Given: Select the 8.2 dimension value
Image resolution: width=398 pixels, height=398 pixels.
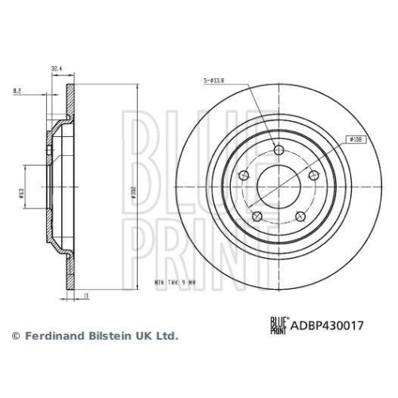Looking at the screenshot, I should click(x=17, y=92).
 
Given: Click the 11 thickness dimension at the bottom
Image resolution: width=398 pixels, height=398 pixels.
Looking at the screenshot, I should click(x=85, y=295).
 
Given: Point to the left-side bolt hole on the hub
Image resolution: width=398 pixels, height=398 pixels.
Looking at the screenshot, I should click(x=243, y=176).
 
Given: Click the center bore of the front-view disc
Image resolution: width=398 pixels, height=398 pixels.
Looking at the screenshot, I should click(x=277, y=188).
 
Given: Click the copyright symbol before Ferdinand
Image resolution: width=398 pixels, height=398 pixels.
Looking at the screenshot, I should click(x=14, y=336).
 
